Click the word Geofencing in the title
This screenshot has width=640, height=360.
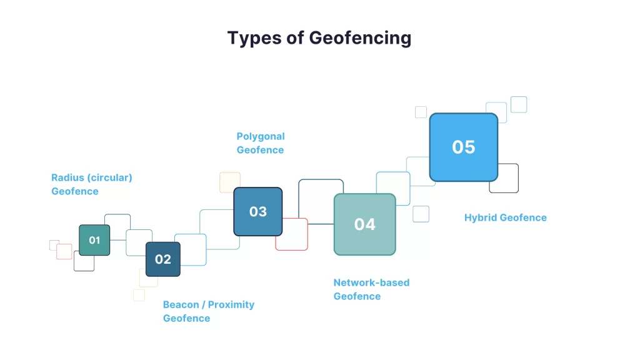pos(360,38)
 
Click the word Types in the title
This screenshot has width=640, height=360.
pos(254,38)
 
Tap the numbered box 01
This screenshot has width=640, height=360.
pos(94,240)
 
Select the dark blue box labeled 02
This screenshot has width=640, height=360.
pos(163,259)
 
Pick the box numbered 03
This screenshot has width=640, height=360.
pos(258,211)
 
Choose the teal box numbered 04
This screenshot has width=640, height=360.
pos(365,224)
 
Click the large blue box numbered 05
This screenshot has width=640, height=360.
pos(464,147)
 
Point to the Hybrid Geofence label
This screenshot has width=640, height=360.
pos(505,217)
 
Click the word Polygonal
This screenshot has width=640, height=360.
pos(261,137)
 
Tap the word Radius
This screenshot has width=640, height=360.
pos(67,177)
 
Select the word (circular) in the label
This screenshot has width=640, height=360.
pos(110,178)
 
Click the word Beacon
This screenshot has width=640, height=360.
pos(181,304)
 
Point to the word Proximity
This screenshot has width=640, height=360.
pos(231,305)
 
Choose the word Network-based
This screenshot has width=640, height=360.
pos(371,282)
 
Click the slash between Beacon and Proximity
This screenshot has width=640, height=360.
pos(204,305)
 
